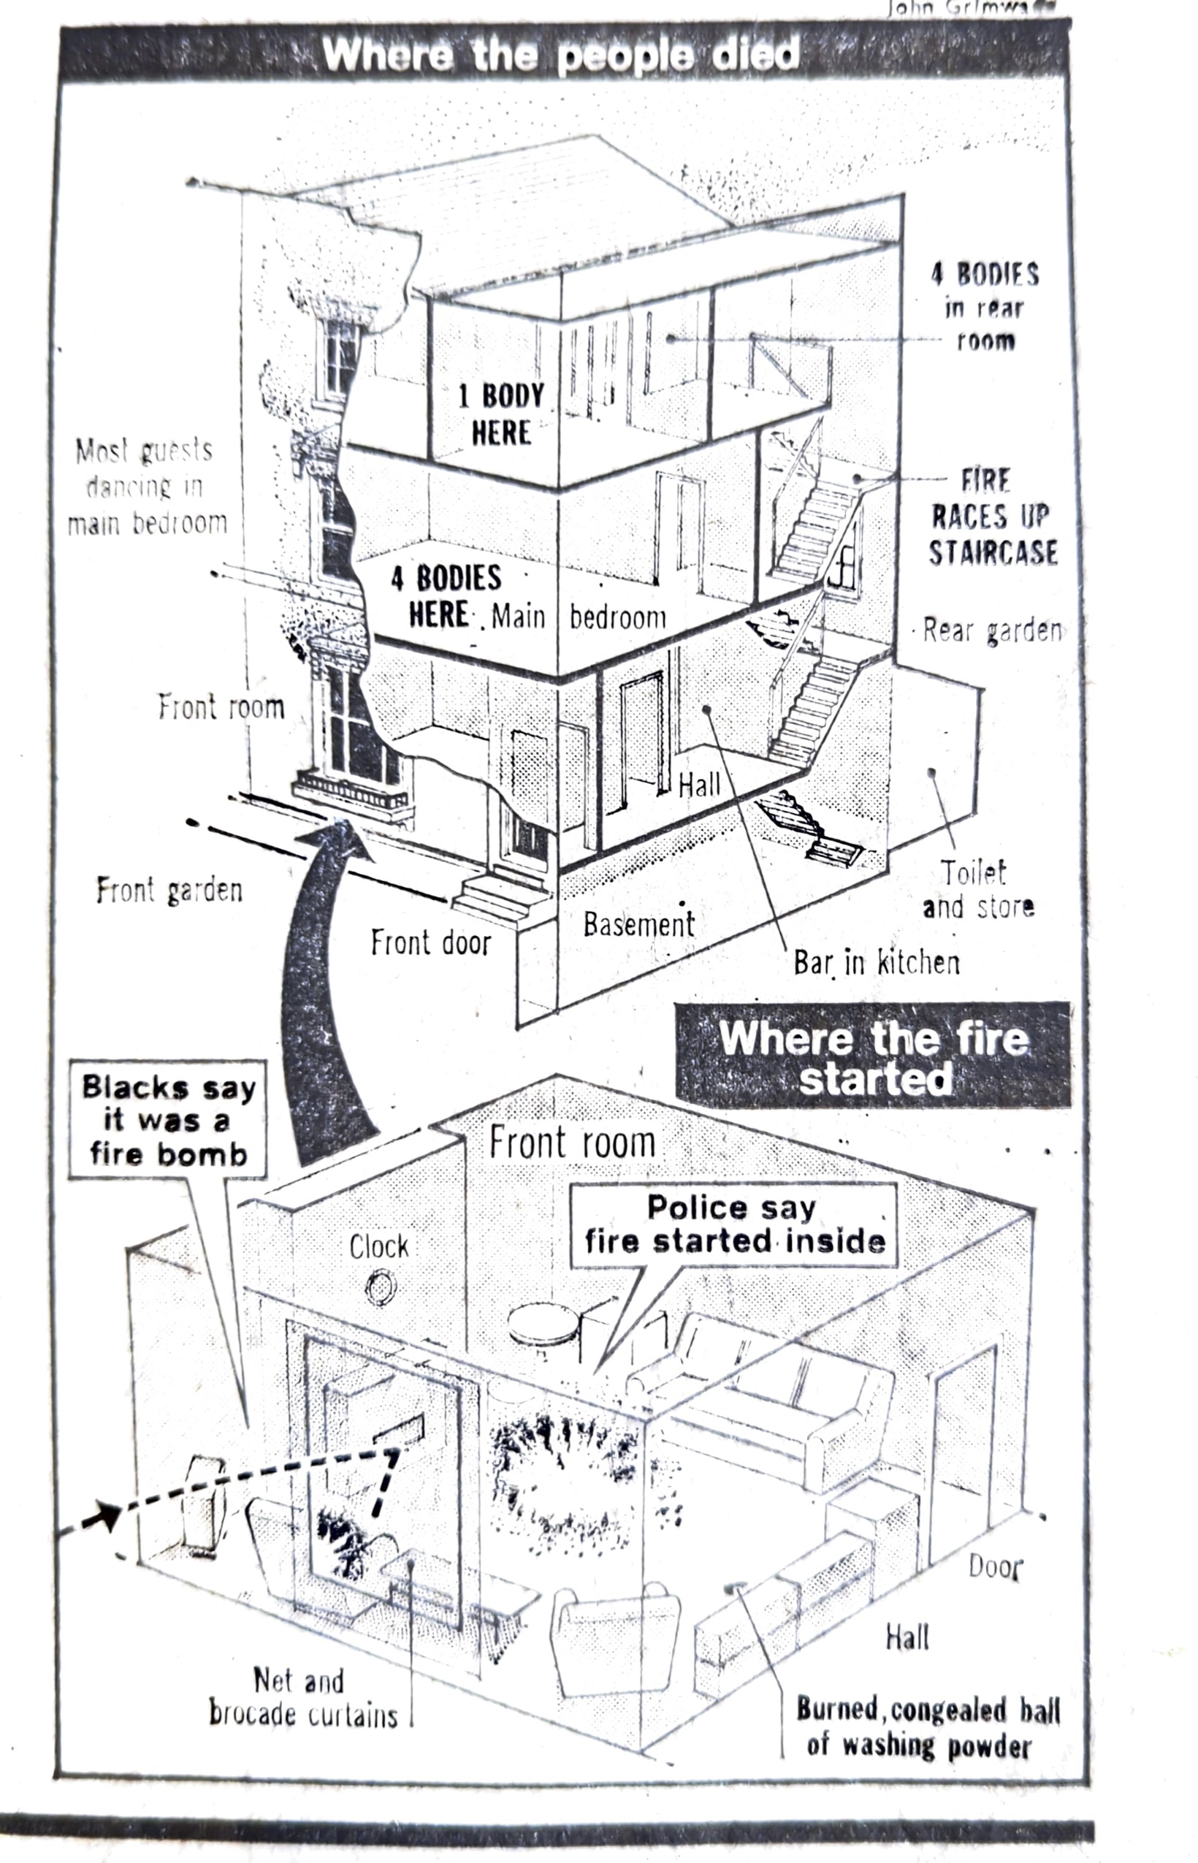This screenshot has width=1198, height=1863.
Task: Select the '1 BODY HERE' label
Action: coord(500,414)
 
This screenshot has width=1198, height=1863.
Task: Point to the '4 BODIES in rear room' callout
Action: coord(985,308)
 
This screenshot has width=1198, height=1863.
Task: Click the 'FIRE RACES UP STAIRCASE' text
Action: coord(993,517)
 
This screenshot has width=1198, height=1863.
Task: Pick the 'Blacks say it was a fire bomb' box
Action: coord(168,1120)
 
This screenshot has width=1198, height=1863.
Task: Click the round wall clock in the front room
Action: coord(381,1286)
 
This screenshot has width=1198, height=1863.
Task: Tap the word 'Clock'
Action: coord(379,1246)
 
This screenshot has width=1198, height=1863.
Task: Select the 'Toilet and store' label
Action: coord(977,889)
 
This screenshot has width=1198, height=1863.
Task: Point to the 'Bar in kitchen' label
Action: coord(876,962)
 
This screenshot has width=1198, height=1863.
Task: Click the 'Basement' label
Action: coord(638,924)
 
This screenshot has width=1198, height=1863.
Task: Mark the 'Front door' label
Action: coord(431,942)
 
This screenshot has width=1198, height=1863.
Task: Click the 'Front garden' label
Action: coord(169,890)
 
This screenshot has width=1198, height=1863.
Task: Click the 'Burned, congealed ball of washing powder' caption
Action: coord(927,1728)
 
